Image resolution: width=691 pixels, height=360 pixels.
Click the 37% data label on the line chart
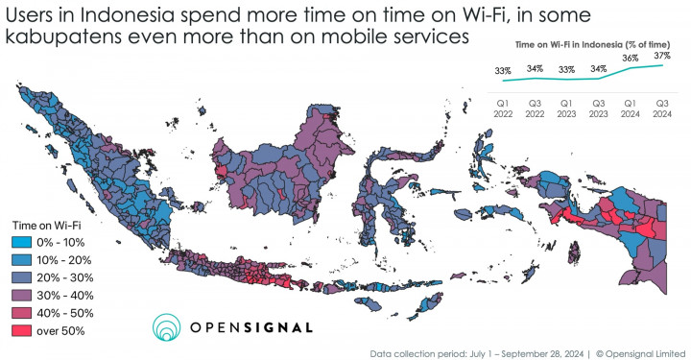click(x=662, y=57)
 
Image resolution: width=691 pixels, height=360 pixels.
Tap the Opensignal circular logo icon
click(x=168, y=327)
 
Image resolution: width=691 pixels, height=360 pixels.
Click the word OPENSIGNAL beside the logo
click(x=250, y=327)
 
